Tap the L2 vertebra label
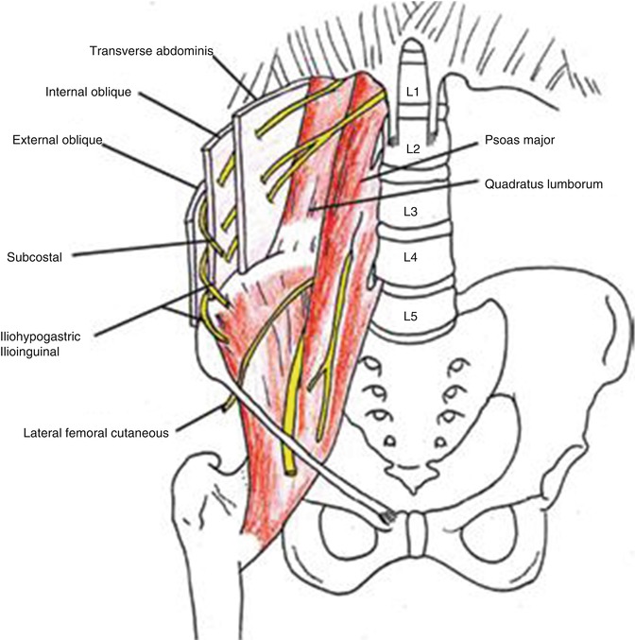click(413, 149)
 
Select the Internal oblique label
click(89, 93)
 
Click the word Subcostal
click(33, 255)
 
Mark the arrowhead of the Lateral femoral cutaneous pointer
click(225, 406)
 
